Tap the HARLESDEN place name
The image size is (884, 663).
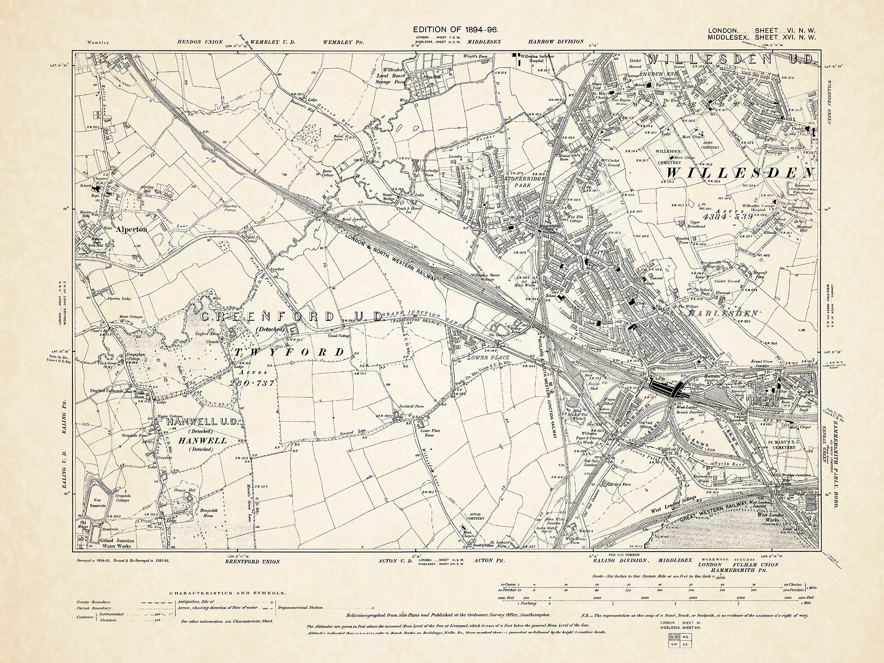point(723,313)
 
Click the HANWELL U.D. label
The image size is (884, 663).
point(203,422)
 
